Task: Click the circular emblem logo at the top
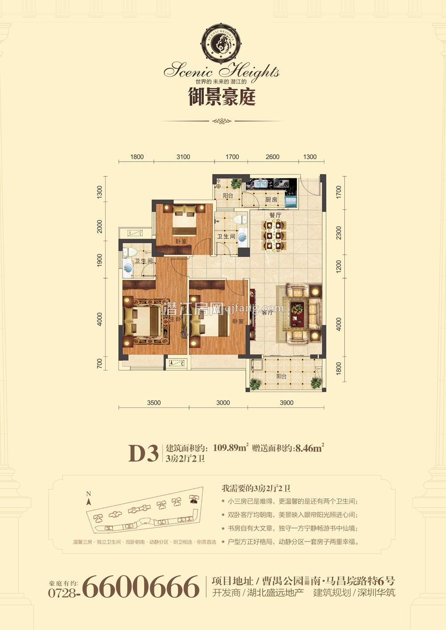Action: [222, 43]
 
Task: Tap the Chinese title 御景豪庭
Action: [222, 96]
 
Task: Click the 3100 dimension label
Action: [183, 157]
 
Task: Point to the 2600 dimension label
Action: [272, 157]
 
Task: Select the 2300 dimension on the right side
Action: [339, 234]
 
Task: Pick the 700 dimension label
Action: [99, 363]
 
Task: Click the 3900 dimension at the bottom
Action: [286, 403]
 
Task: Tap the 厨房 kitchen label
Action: [271, 200]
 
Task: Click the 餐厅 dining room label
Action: [275, 215]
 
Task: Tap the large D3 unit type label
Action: [143, 454]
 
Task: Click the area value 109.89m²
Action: [231, 448]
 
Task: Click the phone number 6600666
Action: [141, 587]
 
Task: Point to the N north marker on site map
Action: [89, 494]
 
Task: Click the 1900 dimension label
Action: [99, 260]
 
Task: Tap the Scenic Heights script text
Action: [222, 71]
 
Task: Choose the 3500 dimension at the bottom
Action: [153, 403]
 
